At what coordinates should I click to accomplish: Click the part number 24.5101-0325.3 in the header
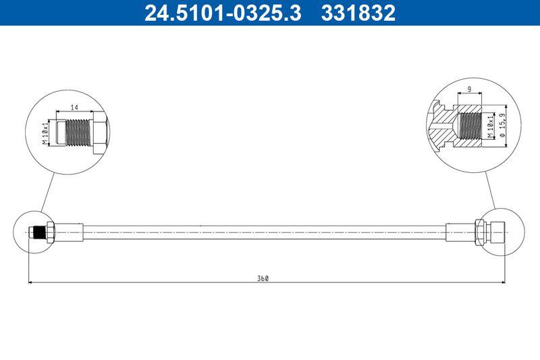(x=223, y=13)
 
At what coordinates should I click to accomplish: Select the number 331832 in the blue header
(x=358, y=13)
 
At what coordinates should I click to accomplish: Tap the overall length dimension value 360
(x=263, y=279)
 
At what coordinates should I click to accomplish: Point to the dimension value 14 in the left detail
(x=74, y=107)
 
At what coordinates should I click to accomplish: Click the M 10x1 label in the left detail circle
(x=45, y=132)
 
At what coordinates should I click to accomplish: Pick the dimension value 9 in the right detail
(x=469, y=89)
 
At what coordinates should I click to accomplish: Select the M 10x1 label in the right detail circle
(x=491, y=127)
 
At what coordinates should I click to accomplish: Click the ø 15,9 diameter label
(x=502, y=126)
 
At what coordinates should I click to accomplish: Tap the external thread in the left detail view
(x=78, y=132)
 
